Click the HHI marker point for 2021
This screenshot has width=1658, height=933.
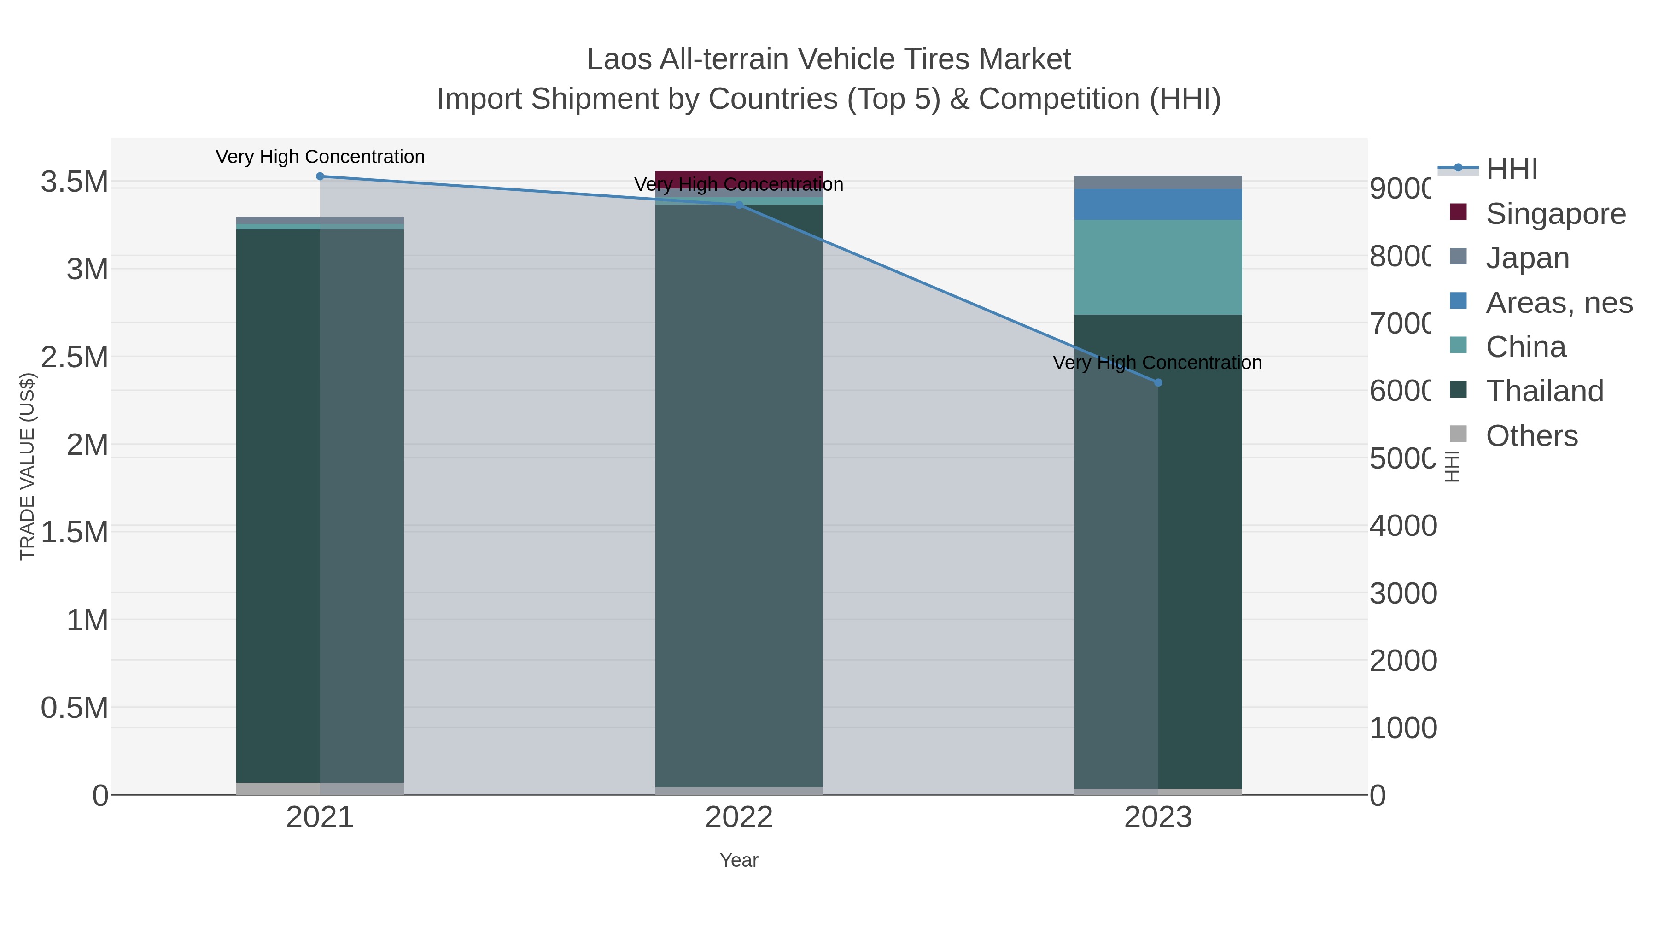coord(320,176)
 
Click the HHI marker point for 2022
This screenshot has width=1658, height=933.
coord(739,205)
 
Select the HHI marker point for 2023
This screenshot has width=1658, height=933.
coord(1158,382)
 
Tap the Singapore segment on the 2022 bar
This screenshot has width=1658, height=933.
coord(739,177)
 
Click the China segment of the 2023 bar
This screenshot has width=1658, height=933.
coord(1158,267)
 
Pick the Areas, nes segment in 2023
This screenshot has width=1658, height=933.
coord(1158,204)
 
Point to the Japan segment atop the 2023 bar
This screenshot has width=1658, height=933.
coord(1158,182)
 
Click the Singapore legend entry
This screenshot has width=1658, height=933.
coord(1555,214)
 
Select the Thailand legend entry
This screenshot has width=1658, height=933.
coord(1544,391)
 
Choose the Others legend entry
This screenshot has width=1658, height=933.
coord(1531,436)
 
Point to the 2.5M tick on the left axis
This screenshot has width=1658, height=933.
coord(75,357)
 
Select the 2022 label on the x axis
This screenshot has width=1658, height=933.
coord(739,818)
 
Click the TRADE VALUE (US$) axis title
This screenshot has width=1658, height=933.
coord(27,466)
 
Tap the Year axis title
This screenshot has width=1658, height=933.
coord(739,860)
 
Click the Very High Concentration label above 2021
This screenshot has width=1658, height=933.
coord(320,157)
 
